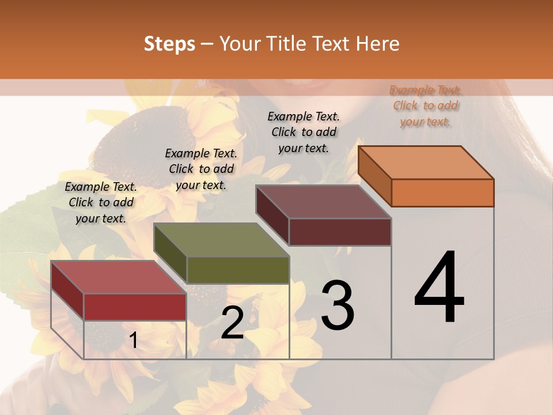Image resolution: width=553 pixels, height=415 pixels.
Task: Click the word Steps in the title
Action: coord(169,44)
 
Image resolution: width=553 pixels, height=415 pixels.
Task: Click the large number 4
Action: coord(439,288)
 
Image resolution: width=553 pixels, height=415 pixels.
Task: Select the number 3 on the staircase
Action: coord(338,305)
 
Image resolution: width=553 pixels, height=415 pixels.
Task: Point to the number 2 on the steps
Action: coord(232,323)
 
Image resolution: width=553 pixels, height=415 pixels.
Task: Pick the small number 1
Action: coord(134,340)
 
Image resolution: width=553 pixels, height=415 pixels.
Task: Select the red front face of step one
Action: coord(135,307)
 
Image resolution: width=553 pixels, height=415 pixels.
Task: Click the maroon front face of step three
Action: coord(340,232)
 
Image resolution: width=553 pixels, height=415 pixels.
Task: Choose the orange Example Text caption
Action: coord(425,105)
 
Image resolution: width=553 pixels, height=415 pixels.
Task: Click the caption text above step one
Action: coord(101,202)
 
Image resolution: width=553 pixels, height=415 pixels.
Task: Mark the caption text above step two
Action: coord(201,169)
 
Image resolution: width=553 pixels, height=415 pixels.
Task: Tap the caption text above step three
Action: coord(304,132)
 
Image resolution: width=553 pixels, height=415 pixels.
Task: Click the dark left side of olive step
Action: coord(170,254)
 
